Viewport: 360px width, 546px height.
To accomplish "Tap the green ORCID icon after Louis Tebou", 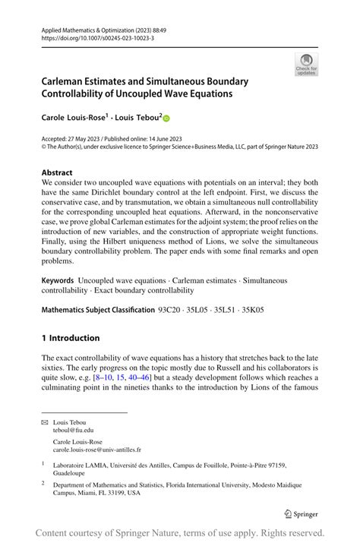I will coord(166,118).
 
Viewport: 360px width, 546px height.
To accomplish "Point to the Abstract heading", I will coord(58,173).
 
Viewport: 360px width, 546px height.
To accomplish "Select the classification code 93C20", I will coord(169,310).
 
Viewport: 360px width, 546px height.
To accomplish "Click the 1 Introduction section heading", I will coord(71,338).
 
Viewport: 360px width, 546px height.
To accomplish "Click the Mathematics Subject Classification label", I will coord(96,310).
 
